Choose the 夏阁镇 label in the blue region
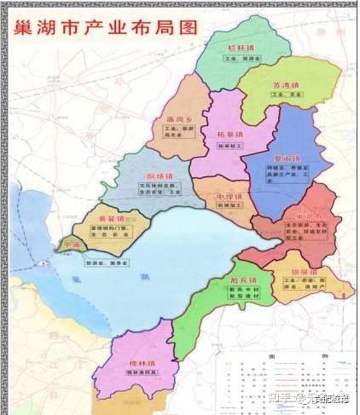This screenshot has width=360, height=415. (x=287, y=159)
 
